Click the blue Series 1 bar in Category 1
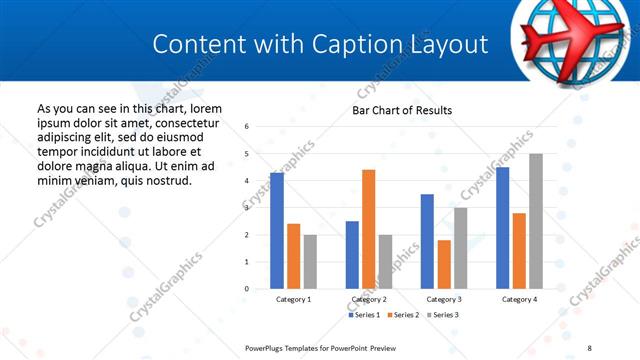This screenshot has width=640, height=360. pos(277,231)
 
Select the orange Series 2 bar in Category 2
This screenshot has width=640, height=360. pos(369,229)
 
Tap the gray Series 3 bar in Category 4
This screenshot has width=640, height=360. pos(536,221)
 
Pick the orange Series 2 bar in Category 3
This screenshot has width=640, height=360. pos(444,264)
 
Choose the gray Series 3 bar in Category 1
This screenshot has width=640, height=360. pos(310,262)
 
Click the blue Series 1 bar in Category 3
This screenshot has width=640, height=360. pos(427,241)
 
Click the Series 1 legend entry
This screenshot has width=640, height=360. pos(365,315)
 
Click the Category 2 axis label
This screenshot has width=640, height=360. pos(369,299)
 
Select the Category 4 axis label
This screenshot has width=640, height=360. pos(519,299)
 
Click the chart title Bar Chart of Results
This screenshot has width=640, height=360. pos(402,110)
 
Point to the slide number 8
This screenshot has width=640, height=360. pos(590,347)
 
